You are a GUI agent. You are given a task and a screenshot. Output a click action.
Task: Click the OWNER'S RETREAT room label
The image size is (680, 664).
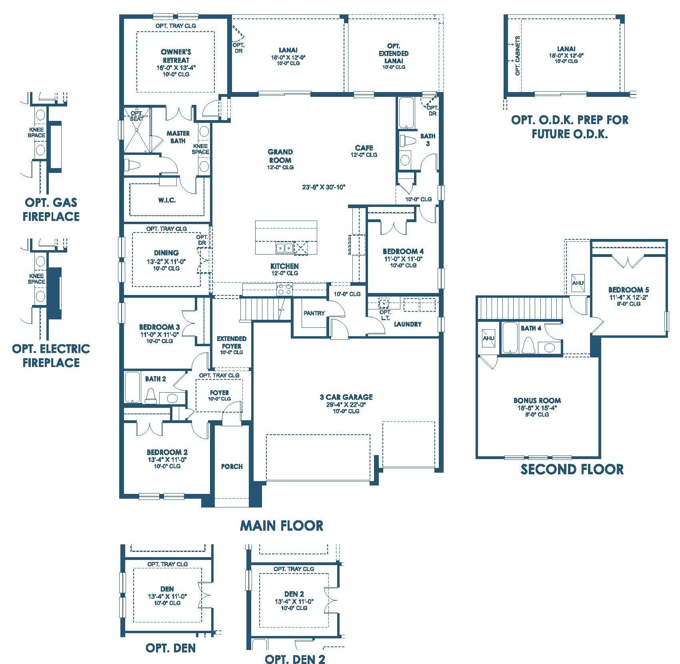(x=176, y=56)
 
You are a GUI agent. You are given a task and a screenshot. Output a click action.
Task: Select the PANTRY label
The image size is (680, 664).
(x=314, y=313)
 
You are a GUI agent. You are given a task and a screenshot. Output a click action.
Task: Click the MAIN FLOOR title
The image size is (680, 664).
(x=282, y=525)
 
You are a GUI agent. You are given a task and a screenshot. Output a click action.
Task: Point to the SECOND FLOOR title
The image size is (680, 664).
(x=572, y=469)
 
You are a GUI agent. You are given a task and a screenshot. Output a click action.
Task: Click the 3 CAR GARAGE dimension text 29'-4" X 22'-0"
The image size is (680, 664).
(x=346, y=404)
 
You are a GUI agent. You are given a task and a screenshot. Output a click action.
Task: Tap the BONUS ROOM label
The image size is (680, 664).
(x=537, y=400)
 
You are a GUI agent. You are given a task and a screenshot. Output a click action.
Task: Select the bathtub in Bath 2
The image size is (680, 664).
(x=132, y=387)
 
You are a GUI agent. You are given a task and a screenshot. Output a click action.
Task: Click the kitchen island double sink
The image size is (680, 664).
(x=284, y=248)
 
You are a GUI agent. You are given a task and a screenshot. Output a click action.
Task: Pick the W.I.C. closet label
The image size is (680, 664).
(x=166, y=200)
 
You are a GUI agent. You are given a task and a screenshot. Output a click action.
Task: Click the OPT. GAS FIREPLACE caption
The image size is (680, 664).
(x=51, y=209)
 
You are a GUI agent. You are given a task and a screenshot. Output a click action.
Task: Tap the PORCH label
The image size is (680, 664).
(x=232, y=466)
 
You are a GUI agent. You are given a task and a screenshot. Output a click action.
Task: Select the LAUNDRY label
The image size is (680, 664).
(x=408, y=324)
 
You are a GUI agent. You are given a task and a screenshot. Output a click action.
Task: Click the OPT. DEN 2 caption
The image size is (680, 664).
(x=295, y=659)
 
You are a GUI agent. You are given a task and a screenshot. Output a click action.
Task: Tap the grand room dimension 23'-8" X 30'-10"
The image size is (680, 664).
(x=324, y=187)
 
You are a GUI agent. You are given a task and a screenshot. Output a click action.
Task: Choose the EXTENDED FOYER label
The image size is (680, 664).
(x=232, y=342)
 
